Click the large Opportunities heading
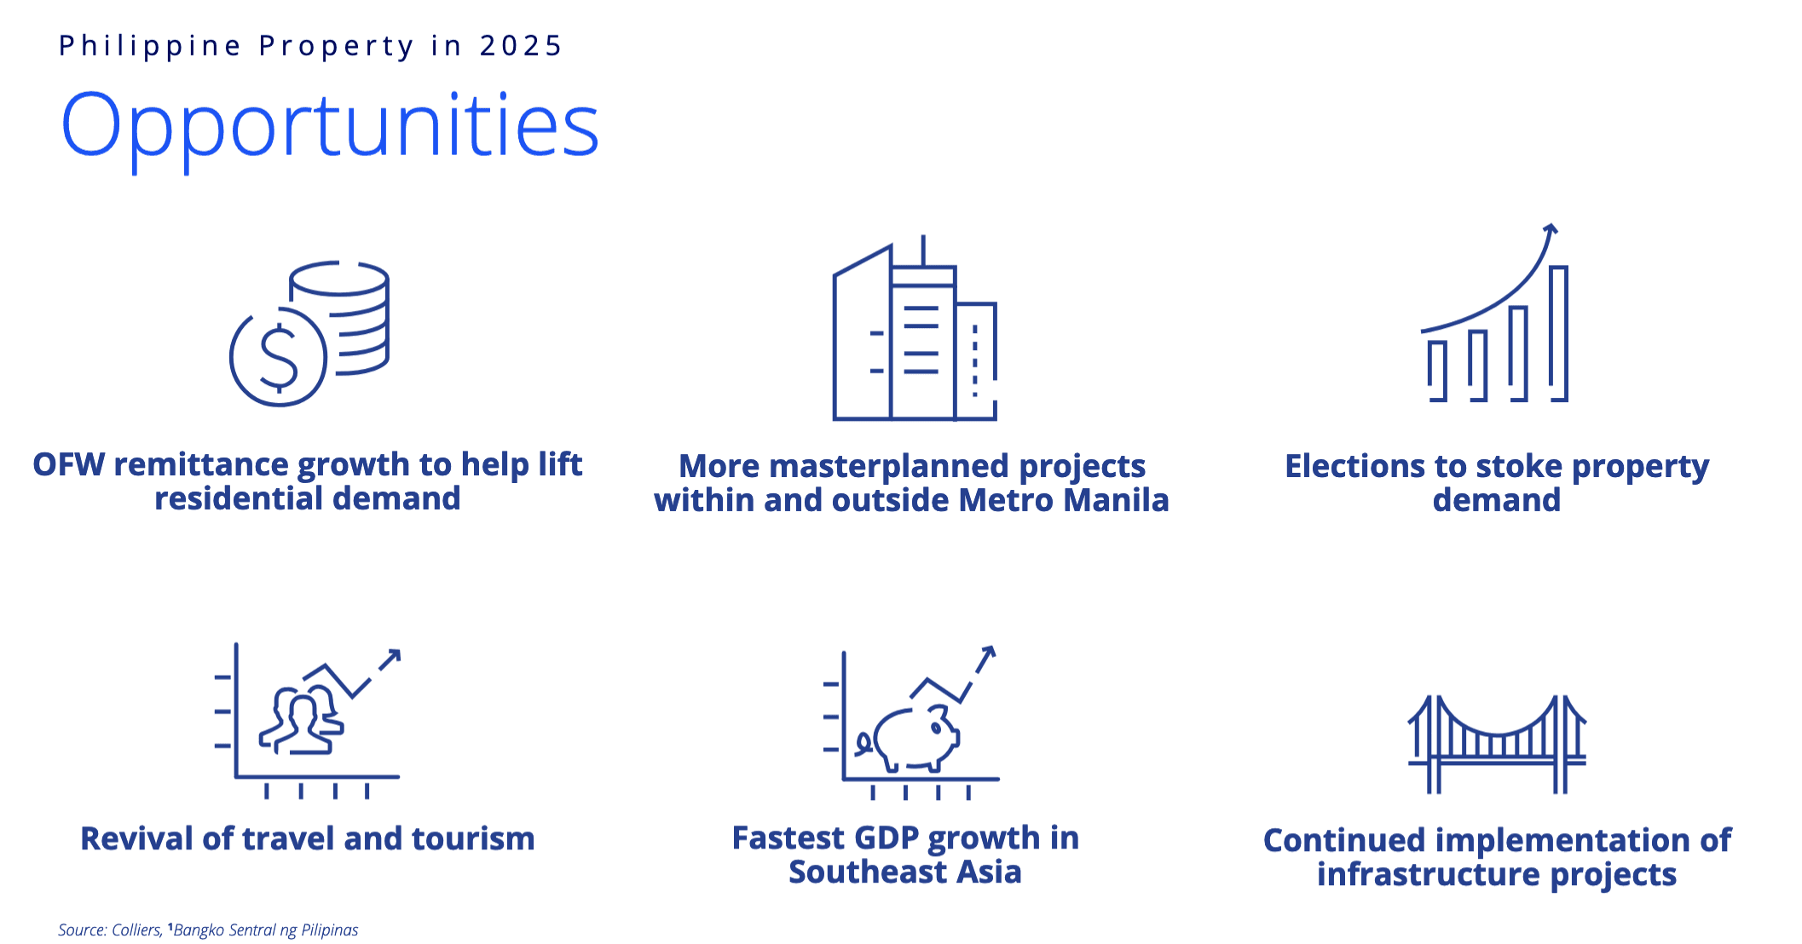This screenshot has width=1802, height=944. point(330,128)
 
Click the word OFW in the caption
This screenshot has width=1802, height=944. point(68,464)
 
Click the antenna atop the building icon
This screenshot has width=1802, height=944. point(923,250)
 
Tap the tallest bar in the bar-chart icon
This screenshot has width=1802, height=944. point(1558,333)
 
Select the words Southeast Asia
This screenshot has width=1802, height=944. point(904,872)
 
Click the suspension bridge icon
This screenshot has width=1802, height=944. point(1497,744)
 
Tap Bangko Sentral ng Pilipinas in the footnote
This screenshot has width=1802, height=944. point(265,930)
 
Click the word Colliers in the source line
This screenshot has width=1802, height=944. point(136,930)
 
